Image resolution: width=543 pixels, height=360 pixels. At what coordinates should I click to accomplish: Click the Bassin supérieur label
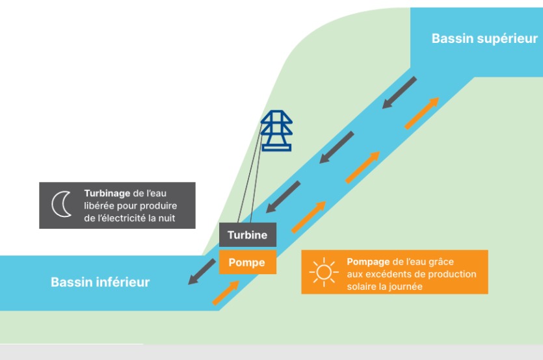pyautogui.click(x=484, y=39)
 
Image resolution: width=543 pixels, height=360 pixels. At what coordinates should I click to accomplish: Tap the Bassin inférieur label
pyautogui.click(x=100, y=282)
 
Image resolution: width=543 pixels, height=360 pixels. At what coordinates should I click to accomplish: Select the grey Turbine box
pyautogui.click(x=247, y=235)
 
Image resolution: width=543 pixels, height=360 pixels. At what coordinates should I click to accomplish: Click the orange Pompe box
pyautogui.click(x=246, y=263)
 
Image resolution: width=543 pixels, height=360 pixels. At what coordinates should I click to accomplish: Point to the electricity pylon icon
pyautogui.click(x=276, y=131)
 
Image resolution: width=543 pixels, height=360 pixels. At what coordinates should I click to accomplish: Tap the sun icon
pyautogui.click(x=323, y=272)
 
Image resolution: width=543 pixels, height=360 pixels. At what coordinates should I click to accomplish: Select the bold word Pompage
pyautogui.click(x=367, y=262)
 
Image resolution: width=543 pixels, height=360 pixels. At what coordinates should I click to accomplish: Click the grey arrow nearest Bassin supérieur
pyautogui.click(x=399, y=92)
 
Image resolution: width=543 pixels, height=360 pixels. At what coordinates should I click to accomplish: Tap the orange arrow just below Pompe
pyautogui.click(x=225, y=293)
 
